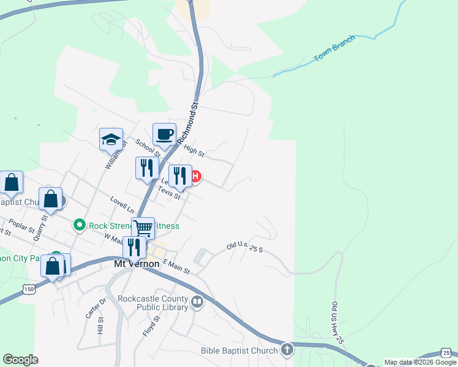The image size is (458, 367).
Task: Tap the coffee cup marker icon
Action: (164, 134)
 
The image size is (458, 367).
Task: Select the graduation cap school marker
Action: (111, 139)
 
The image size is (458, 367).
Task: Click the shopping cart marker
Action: (143, 228)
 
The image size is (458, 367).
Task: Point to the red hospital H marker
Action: (195, 177)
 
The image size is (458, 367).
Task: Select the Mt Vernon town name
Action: (137, 264)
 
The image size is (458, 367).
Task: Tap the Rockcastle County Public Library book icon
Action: (197, 302)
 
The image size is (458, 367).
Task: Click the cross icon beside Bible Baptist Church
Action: (286, 349)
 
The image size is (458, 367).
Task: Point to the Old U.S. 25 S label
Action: (244, 248)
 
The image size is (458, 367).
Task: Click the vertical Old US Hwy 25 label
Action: (335, 321)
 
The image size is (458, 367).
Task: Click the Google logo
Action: (20, 360)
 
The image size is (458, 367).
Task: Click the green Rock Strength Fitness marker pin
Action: (79, 226)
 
